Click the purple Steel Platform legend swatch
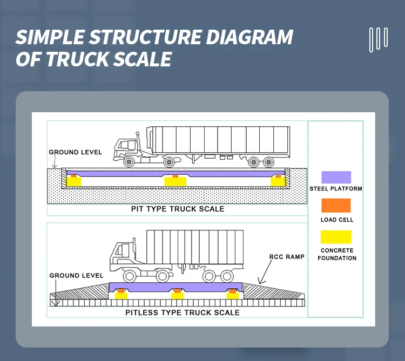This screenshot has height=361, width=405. tap(336, 177)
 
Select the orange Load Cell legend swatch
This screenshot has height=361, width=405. tap(336, 206)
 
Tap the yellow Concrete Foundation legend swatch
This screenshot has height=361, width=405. tap(336, 237)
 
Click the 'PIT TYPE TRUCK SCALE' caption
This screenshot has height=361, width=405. tap(178, 209)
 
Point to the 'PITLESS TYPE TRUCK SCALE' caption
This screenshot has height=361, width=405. tap(182, 312)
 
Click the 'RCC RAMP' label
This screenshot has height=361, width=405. tap(282, 257)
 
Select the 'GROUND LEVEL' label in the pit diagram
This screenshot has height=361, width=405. tap(76, 152)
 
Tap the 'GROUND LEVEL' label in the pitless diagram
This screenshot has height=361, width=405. tap(76, 276)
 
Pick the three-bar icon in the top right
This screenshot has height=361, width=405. tap(378, 39)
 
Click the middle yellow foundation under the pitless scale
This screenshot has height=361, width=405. tap(176, 296)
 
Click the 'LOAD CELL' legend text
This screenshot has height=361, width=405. tap(336, 220)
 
